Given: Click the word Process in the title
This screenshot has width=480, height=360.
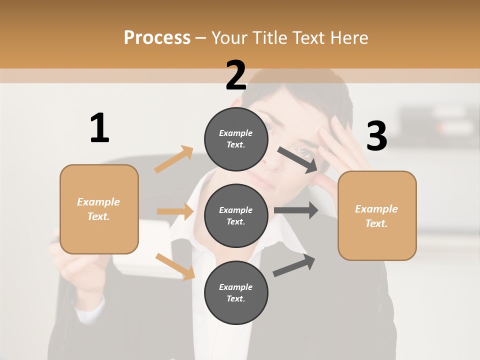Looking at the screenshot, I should click(157, 38).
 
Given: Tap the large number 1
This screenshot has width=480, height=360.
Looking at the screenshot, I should click(99, 128).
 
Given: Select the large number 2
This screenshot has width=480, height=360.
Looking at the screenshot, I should click(236, 76).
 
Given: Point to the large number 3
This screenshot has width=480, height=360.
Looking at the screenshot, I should click(376, 136).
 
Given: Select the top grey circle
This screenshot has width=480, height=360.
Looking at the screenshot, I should click(236, 139).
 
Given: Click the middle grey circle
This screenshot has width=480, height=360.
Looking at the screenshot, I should click(236, 215).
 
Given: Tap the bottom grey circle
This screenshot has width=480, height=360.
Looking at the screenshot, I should click(236, 292).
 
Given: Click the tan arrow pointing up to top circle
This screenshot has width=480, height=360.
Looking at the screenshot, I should click(174, 159).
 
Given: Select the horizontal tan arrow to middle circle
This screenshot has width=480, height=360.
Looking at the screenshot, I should click(175, 211).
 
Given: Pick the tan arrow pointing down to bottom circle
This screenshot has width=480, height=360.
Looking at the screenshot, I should click(175, 266).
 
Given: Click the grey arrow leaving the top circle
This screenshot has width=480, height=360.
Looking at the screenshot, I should click(298, 160).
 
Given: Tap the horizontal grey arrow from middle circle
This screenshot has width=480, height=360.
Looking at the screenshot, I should click(296, 210).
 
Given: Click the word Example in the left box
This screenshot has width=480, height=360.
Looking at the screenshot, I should click(98, 202).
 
